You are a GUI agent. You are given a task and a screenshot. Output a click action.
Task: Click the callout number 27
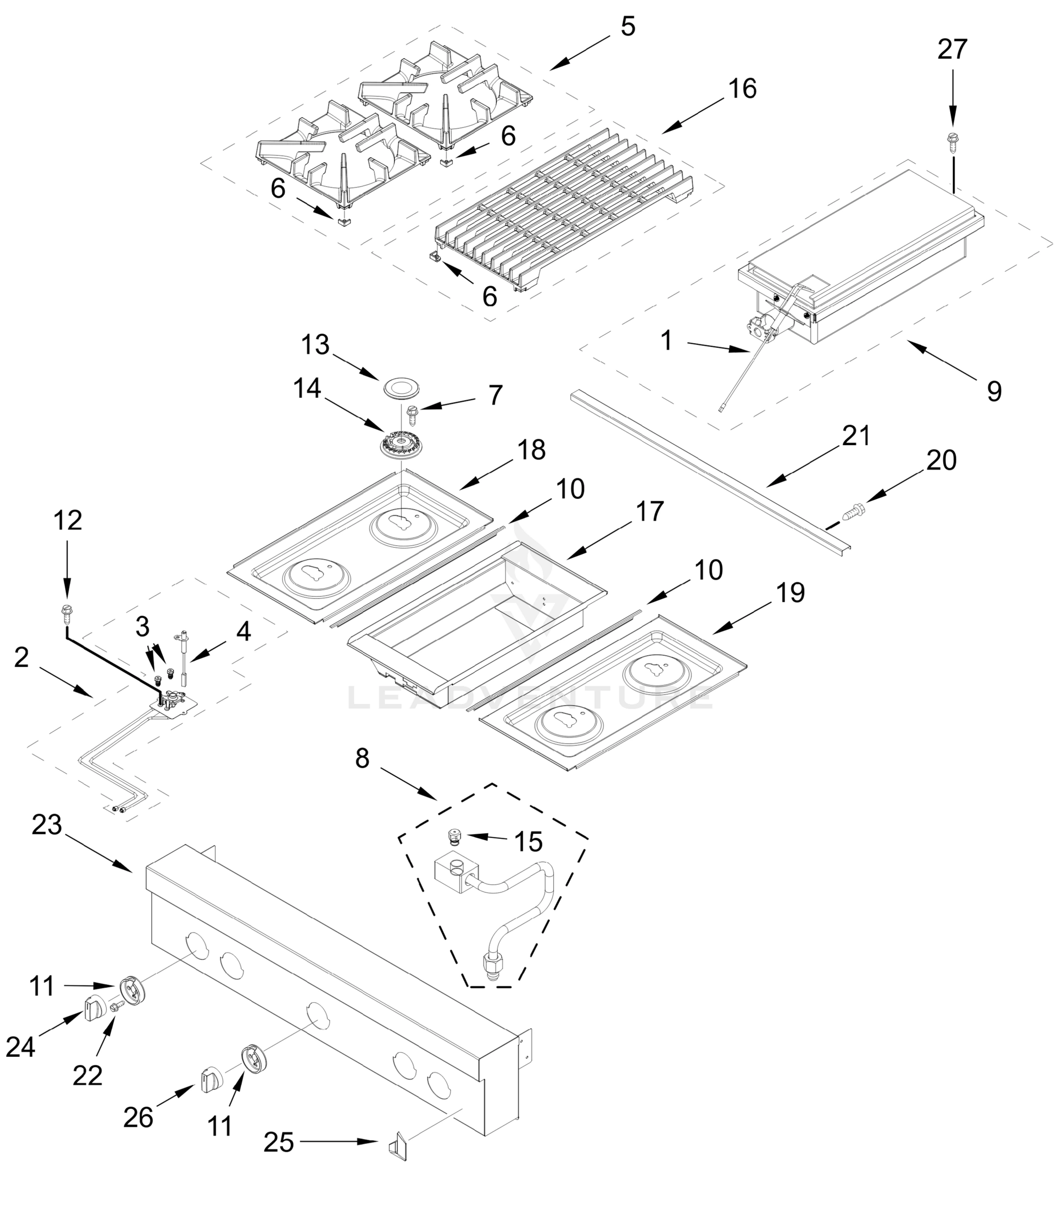[x=952, y=49]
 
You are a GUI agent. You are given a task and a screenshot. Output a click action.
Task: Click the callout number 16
[x=742, y=89]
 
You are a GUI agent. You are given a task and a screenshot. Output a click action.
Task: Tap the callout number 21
[x=856, y=436]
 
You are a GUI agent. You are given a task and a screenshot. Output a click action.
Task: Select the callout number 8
[x=362, y=758]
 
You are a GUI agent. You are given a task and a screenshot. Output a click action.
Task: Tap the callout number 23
[x=47, y=825]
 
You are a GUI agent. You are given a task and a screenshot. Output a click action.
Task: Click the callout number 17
[x=650, y=512]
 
